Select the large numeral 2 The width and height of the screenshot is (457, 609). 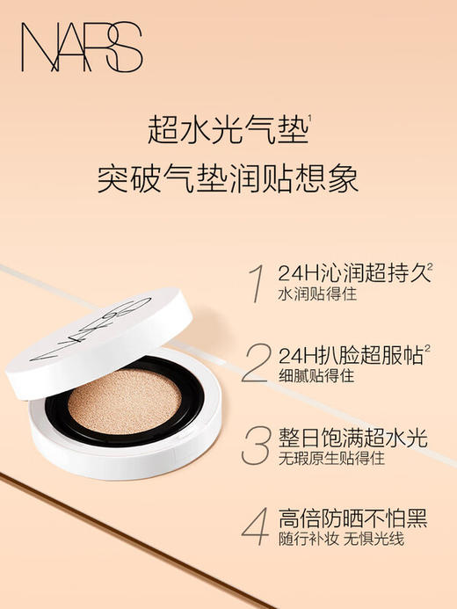click(256, 364)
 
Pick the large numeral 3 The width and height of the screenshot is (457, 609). click(256, 445)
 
